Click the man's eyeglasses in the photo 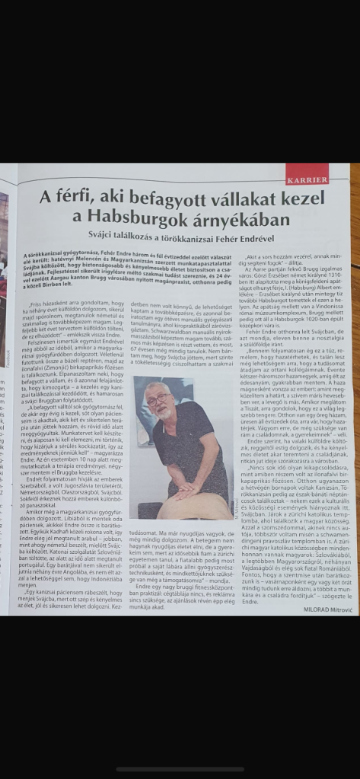[x=158, y=399]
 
